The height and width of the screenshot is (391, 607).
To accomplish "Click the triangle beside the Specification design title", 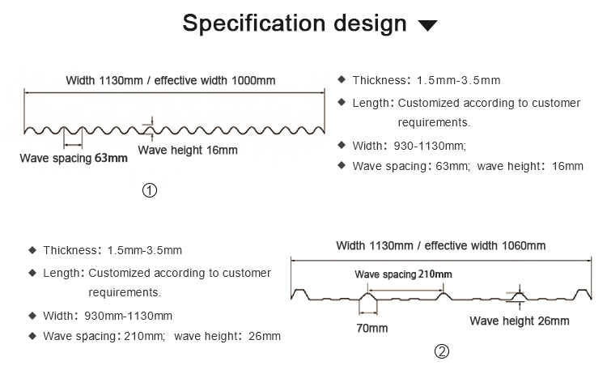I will coord(428,26).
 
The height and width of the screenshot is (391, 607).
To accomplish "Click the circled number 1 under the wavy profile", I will coord(149,191).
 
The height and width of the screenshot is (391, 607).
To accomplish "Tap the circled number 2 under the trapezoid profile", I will coord(441,351).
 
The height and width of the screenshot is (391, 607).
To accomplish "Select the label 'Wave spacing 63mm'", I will coord(74,158).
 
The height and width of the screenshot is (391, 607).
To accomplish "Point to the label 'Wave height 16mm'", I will coord(188,150).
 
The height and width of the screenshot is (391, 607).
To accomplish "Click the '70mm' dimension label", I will coord(371,328).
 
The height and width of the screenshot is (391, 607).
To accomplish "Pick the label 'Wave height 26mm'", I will coord(519,321).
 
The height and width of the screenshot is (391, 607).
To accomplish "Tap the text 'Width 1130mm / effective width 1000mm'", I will coord(171,80).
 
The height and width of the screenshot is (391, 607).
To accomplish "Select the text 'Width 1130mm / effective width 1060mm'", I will coord(441,245).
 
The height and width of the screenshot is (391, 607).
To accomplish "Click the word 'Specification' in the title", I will coord(251,23).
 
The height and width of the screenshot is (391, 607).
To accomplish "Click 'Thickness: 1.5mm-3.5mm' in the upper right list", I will coord(426,80).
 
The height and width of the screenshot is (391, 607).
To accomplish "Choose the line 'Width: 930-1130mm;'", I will coord(410,146).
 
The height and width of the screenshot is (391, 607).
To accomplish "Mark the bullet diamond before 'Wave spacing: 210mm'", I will coord(32,335).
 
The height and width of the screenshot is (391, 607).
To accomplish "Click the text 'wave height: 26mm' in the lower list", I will coord(227,335).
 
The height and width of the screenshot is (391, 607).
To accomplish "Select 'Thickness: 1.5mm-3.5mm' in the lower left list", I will coord(112,250).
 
